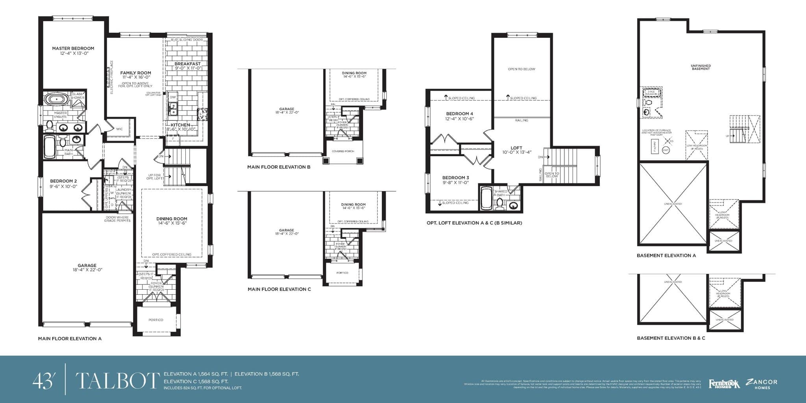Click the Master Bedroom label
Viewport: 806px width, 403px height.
click(x=73, y=48)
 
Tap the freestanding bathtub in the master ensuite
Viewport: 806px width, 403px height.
click(x=56, y=99)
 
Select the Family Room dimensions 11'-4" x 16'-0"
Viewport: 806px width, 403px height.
click(x=136, y=78)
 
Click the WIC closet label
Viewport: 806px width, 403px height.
click(x=120, y=129)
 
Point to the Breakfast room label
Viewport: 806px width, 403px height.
click(x=188, y=64)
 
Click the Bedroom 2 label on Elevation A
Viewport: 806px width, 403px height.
click(x=63, y=181)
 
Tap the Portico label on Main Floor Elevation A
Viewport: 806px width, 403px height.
click(x=156, y=320)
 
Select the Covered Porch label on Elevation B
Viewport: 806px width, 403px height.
click(x=343, y=151)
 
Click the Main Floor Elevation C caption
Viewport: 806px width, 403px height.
click(x=279, y=289)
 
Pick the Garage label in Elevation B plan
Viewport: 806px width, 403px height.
click(x=287, y=109)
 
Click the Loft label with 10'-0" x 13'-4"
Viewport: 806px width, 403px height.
click(x=516, y=148)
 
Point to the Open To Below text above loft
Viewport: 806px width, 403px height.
click(x=521, y=69)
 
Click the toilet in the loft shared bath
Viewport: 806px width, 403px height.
click(x=500, y=203)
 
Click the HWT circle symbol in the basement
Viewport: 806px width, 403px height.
click(x=666, y=150)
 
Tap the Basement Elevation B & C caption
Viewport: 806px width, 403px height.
click(x=671, y=338)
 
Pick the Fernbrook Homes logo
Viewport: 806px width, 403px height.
click(x=724, y=384)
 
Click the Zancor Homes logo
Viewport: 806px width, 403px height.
click(x=762, y=384)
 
